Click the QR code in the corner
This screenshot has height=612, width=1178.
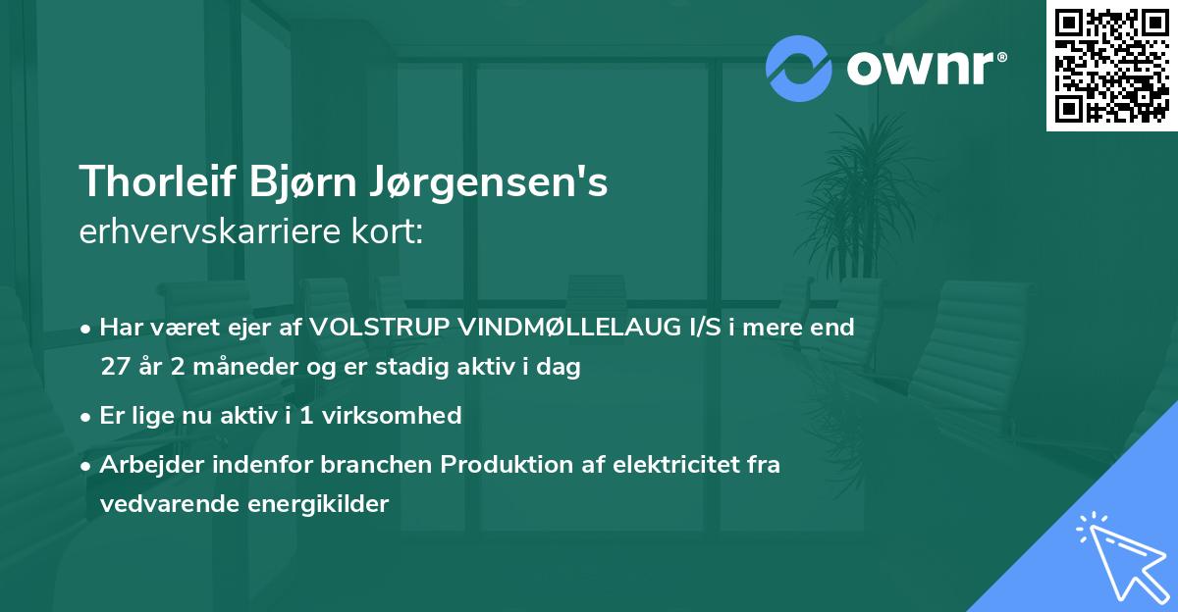pyautogui.click(x=1112, y=65)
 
